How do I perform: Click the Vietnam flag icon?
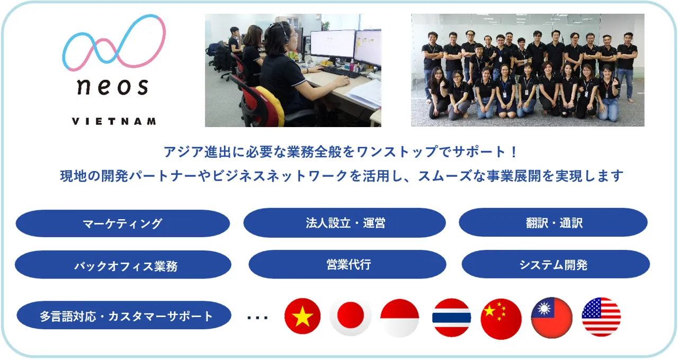click(x=302, y=316)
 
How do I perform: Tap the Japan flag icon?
click(x=350, y=317)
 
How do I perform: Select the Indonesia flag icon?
click(x=399, y=318)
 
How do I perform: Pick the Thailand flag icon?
click(x=451, y=317)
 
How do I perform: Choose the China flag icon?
click(x=501, y=319)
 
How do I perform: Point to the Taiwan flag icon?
click(x=551, y=318)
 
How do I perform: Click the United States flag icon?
click(x=601, y=317)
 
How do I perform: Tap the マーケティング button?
click(x=122, y=223)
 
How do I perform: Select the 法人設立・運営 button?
click(x=344, y=223)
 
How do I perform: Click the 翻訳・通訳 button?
click(x=554, y=222)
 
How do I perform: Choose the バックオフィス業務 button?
click(x=123, y=265)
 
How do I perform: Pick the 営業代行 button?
click(x=347, y=264)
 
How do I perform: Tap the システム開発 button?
click(x=556, y=264)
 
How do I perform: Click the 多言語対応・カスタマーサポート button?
click(x=124, y=315)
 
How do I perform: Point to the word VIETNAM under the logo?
click(x=114, y=122)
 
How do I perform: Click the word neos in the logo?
click(x=113, y=86)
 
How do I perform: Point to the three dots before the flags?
click(x=257, y=318)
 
